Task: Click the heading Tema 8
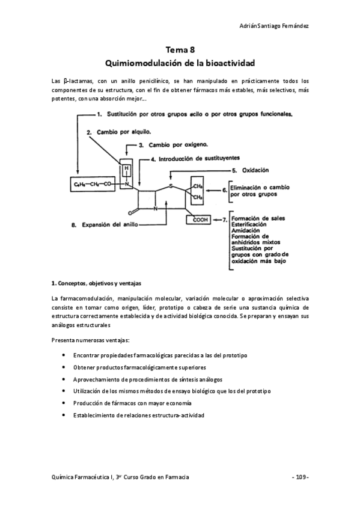(180, 51)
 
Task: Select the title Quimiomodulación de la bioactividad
(180, 63)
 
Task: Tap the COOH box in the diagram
(201, 220)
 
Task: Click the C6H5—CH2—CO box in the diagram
(92, 184)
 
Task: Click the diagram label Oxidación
(254, 170)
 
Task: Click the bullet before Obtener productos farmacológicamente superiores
(64, 367)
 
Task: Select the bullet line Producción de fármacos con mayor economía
(132, 403)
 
